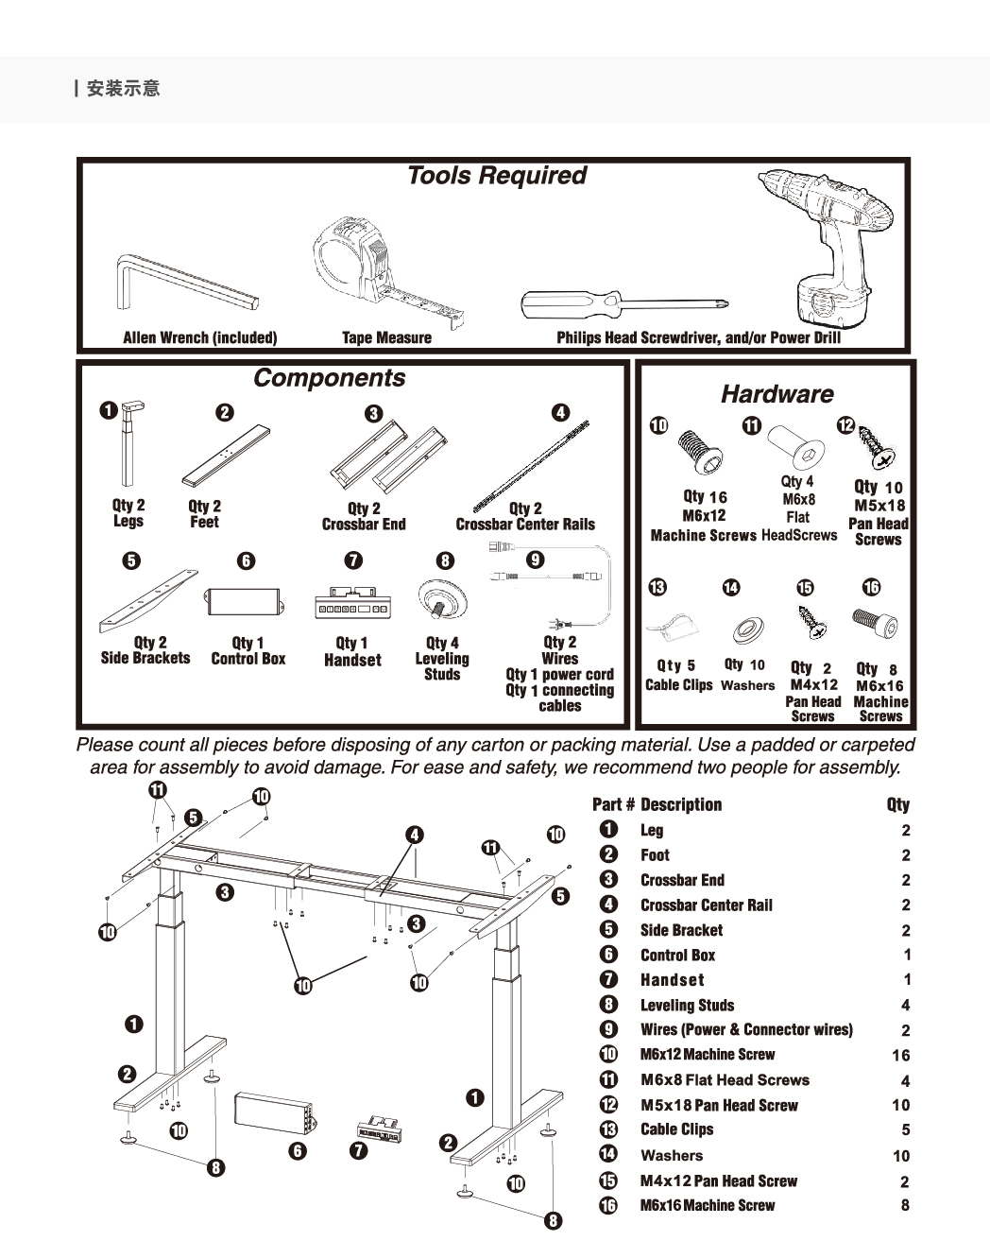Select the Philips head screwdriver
[623, 305]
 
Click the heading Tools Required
[496, 176]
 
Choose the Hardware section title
[777, 394]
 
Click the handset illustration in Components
[351, 604]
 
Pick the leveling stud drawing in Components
[442, 600]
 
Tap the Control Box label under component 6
[247, 659]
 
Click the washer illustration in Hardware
[745, 631]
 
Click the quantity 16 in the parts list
[900, 1056]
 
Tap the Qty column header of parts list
[897, 805]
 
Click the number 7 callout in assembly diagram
[358, 1150]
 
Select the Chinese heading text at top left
[123, 89]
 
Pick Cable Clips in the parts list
[676, 1129]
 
